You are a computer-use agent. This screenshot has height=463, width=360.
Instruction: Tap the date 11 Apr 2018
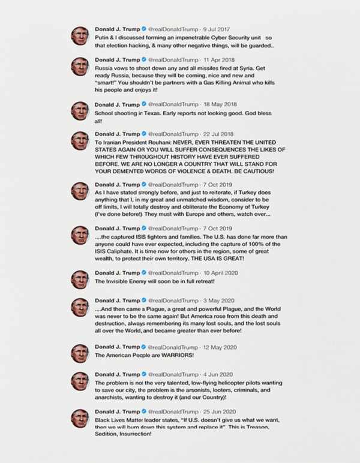(221, 61)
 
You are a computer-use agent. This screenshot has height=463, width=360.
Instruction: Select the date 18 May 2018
(221, 105)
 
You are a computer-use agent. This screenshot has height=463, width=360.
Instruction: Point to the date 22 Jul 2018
(220, 133)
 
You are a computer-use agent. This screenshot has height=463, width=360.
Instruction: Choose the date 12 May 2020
(223, 346)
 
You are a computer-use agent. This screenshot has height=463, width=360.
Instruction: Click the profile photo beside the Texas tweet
(80, 110)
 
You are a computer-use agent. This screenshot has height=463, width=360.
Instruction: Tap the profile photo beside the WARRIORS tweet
(80, 352)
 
